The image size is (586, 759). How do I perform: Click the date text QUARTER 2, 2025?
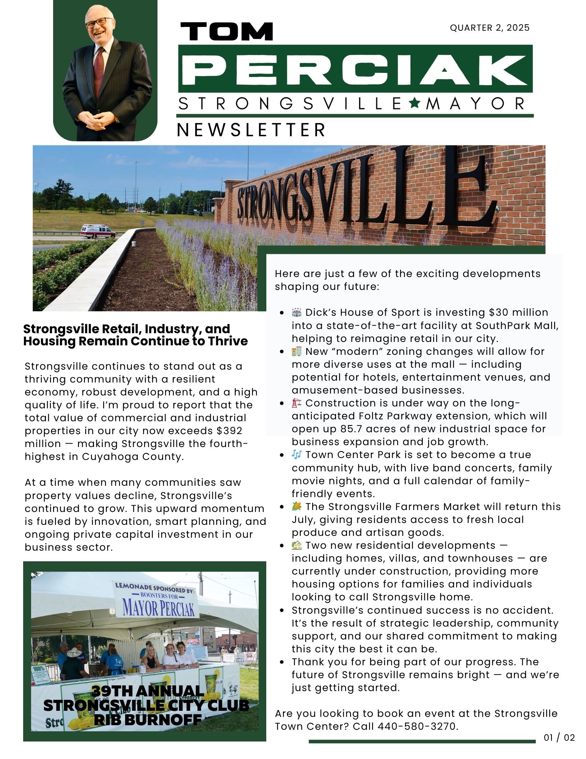489,28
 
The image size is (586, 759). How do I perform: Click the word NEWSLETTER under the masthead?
251,130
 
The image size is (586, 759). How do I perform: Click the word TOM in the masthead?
226,31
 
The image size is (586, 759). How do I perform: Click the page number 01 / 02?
559,737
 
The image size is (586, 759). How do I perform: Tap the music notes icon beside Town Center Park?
297,454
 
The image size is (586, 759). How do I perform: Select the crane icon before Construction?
297,403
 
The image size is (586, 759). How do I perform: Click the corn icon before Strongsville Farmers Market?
297,506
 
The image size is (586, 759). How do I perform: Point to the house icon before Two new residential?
297,545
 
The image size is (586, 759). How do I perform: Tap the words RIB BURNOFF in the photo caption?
148,719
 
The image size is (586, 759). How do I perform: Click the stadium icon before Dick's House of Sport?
297,312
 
